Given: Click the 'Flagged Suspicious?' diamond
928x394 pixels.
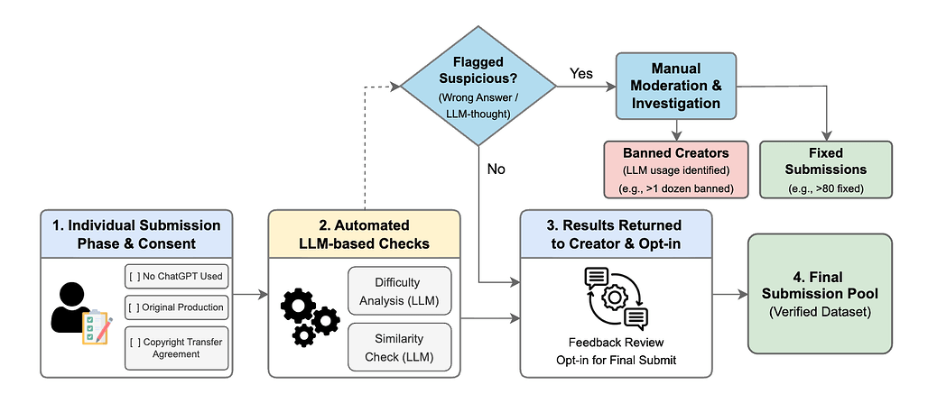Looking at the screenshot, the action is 478,87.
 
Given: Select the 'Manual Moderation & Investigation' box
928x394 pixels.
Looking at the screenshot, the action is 676,87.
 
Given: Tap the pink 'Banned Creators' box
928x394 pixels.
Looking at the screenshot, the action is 676,170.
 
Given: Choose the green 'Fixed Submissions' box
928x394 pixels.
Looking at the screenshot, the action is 825,170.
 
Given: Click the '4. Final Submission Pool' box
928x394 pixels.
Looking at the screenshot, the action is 820,294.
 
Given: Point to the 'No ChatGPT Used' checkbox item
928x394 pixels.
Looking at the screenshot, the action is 176,277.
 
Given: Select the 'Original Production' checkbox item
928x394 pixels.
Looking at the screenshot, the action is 176,307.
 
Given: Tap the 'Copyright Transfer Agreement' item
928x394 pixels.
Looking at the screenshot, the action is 176,348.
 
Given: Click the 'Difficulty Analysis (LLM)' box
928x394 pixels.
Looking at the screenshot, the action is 400,290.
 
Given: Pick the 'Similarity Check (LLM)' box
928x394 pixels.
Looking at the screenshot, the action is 400,347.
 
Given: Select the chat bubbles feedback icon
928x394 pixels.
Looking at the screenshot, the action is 616,298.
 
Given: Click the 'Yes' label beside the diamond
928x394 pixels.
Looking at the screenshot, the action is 581,73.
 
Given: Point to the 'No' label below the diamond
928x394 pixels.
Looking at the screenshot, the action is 496,170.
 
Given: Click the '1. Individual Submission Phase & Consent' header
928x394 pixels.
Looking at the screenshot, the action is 137,234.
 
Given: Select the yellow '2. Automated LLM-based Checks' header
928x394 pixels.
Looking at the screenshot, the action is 364,234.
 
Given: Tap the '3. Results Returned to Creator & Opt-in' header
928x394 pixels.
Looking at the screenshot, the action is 616,234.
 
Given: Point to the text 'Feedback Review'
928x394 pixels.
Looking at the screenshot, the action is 616,342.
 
